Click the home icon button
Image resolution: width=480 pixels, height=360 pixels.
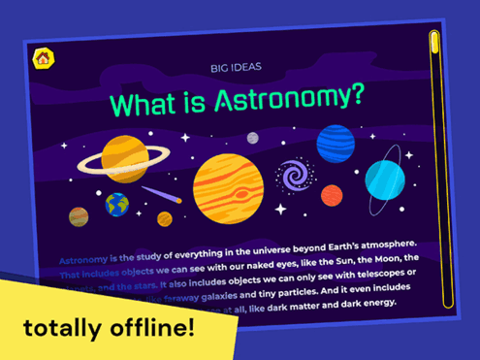(43, 58)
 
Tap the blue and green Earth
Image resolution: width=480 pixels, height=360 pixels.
(117, 204)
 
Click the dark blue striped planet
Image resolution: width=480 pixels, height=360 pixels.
(336, 144)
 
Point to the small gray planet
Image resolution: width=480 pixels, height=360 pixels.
(253, 138)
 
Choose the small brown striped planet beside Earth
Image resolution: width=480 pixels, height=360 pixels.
(80, 216)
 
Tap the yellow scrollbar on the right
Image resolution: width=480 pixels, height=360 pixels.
(435, 165)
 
